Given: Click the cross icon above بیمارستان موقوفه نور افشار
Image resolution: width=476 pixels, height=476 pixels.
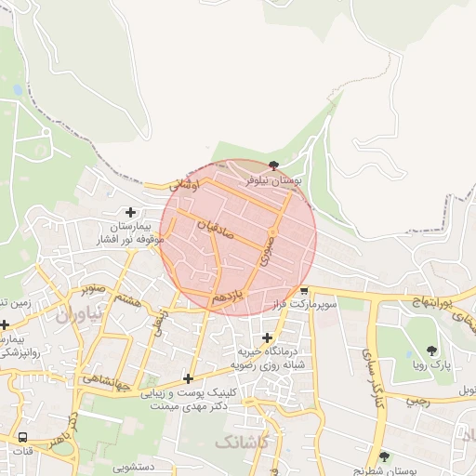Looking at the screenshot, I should [x=130, y=213].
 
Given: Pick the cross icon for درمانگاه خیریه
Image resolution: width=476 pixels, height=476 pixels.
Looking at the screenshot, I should [x=268, y=337].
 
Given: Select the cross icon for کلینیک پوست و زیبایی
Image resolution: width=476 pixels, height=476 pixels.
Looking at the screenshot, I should [x=189, y=378].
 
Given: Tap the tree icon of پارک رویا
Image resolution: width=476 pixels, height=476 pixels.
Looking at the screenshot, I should [x=431, y=350].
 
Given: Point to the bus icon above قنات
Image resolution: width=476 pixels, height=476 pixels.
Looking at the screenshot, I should [x=21, y=437].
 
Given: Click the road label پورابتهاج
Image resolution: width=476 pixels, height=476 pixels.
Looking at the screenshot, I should [x=431, y=303].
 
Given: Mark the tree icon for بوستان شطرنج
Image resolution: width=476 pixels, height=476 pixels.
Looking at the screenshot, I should [x=385, y=456].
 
